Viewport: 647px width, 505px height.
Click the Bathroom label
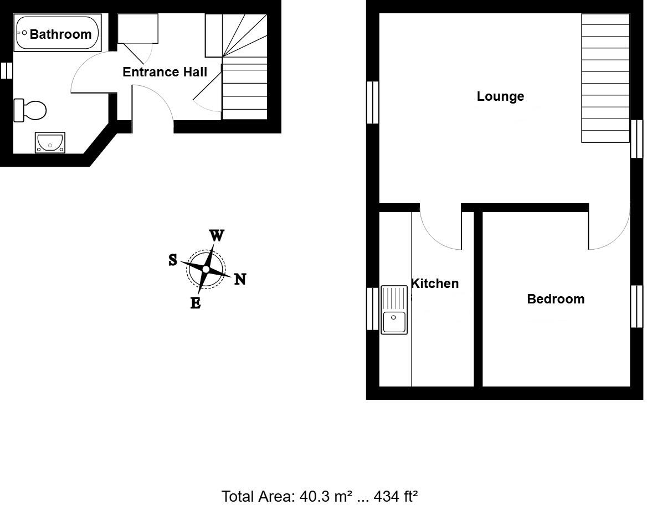coord(60,34)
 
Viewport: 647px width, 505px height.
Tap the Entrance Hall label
coord(165,72)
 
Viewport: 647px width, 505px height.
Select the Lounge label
coord(500,96)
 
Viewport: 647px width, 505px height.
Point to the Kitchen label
coord(435,284)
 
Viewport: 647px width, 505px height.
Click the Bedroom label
coord(556,299)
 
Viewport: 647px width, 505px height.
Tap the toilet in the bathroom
coord(30,110)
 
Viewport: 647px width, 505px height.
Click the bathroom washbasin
coord(50,142)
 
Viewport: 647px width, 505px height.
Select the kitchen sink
coord(394,310)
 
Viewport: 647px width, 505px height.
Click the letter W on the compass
coord(217,236)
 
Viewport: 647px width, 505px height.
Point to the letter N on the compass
coord(240,279)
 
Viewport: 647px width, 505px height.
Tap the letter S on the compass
coord(173,259)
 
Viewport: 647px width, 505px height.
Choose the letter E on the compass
coord(195,303)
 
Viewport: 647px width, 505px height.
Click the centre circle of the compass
coord(206,269)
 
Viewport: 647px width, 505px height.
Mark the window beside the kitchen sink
coord(372,308)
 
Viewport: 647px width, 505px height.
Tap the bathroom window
coord(6,70)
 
